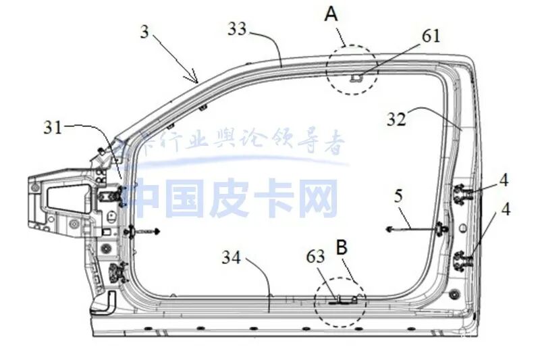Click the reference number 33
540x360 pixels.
(x=238, y=28)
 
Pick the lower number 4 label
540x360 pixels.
(x=505, y=213)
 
